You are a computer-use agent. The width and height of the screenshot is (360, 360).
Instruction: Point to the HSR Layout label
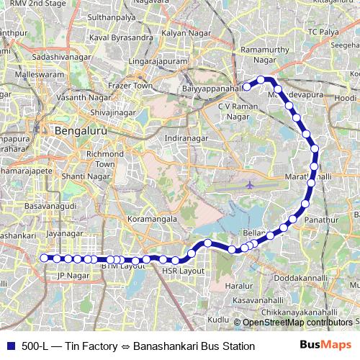point(184,271)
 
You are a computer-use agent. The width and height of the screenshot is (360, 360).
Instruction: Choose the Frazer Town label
point(130,85)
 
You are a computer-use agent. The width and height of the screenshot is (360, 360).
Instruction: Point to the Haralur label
point(239,286)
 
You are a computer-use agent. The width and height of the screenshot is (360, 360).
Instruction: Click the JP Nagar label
point(71,275)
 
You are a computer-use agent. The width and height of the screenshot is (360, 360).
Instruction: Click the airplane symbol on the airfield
point(250,184)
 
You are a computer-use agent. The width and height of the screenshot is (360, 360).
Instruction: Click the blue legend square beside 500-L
point(9,346)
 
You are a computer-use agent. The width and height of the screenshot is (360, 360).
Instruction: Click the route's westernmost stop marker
point(45,258)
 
